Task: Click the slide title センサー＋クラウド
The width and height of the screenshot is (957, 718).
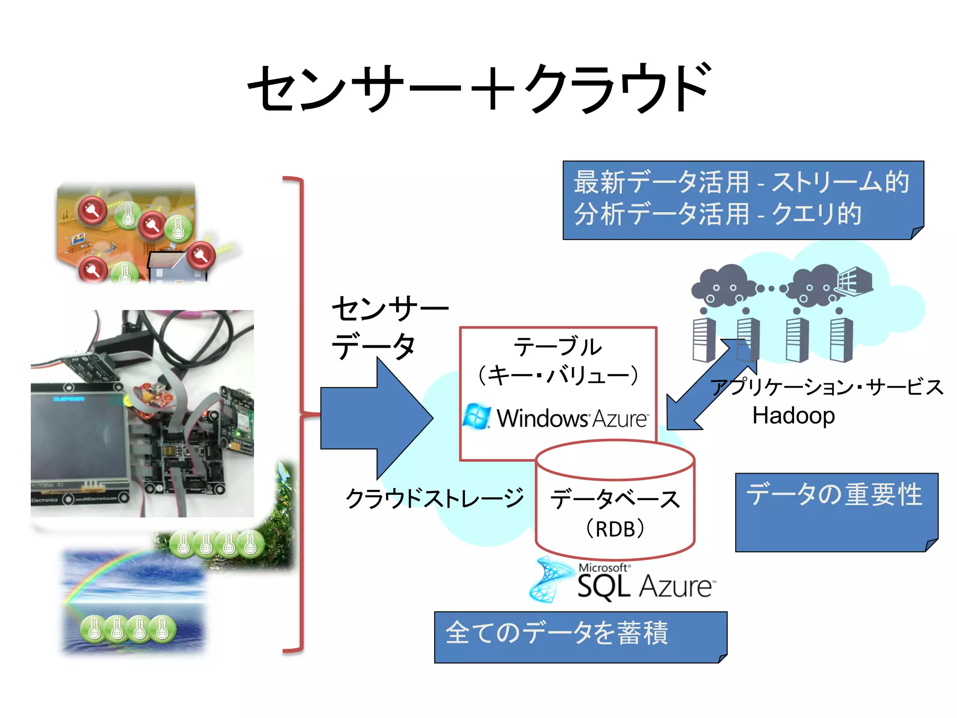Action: pos(478,89)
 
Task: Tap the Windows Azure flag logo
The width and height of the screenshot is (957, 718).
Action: pos(477,416)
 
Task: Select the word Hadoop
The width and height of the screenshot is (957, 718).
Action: pos(793,416)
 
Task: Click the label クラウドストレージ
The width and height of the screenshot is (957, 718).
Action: pos(435,498)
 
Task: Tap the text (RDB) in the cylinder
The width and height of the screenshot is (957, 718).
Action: pos(615,529)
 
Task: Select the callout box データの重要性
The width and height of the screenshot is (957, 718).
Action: pos(836,512)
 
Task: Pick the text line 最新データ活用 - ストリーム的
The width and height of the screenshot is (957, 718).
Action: pos(742,182)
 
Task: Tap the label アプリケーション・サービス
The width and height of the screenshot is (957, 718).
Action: pos(826,388)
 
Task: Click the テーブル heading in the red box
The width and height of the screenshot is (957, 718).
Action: pos(558,347)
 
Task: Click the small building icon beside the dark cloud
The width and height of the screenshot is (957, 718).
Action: pos(854,281)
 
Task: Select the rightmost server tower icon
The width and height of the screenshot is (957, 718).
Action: pos(842,339)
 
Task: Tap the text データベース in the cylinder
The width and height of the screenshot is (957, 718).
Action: pos(615,499)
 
